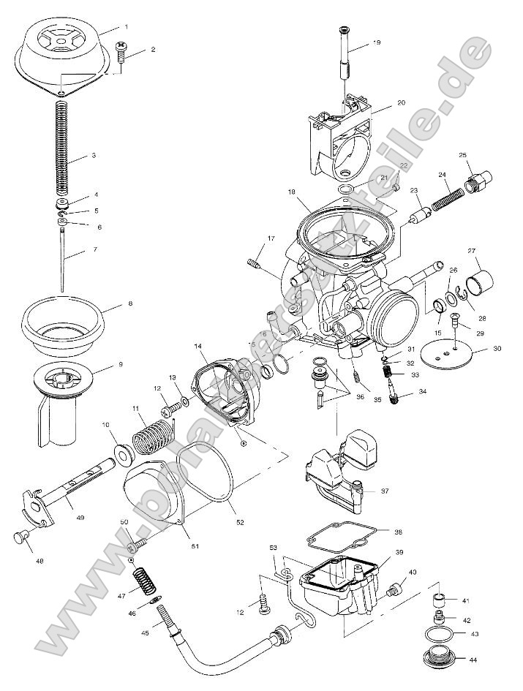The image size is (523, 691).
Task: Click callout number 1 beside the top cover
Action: click(x=126, y=26)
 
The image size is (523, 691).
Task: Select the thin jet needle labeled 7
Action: click(x=63, y=256)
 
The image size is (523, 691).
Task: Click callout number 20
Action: click(x=401, y=103)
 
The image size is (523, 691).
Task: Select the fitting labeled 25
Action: click(x=481, y=180)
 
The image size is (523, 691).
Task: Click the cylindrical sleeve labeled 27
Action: click(x=480, y=282)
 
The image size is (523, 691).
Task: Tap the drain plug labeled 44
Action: click(x=440, y=655)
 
